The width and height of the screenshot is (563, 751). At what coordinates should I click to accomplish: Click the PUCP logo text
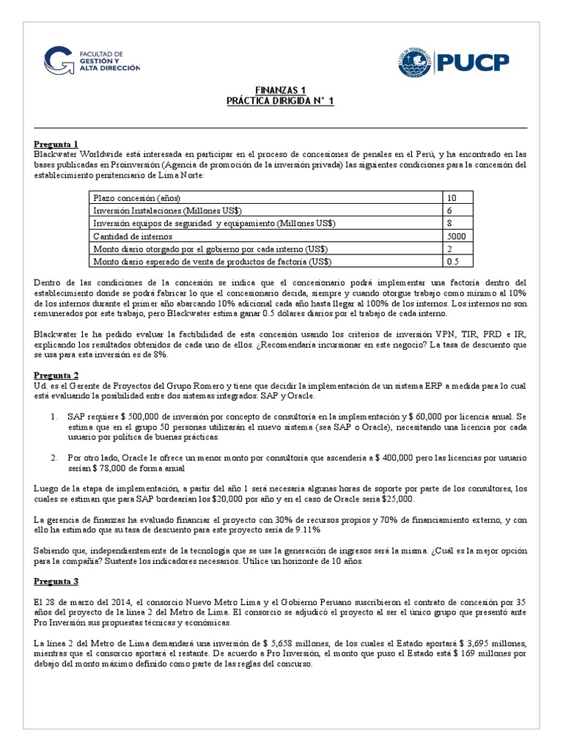pyautogui.click(x=474, y=62)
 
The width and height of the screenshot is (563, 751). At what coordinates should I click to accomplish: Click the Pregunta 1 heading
pyautogui.click(x=56, y=144)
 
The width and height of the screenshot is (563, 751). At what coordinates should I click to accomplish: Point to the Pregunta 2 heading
pyautogui.click(x=56, y=375)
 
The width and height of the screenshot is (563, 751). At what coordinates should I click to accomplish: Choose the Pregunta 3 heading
pyautogui.click(x=56, y=582)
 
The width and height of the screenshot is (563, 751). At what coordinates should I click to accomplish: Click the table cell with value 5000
pyautogui.click(x=457, y=236)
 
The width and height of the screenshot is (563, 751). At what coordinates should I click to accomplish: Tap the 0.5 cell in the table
pyautogui.click(x=453, y=261)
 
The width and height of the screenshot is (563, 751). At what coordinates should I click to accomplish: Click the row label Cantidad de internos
pyautogui.click(x=132, y=236)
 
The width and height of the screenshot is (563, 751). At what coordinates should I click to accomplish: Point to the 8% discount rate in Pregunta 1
pyautogui.click(x=160, y=354)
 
